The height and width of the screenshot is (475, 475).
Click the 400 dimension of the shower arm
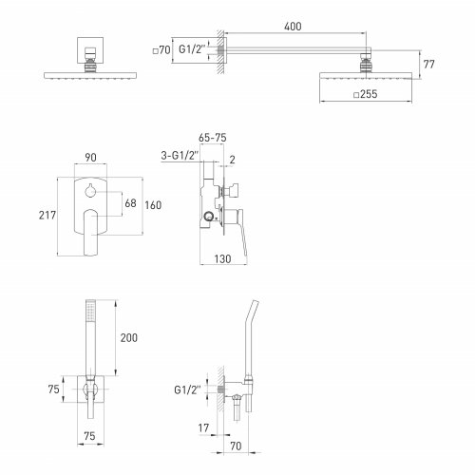(x=293, y=27)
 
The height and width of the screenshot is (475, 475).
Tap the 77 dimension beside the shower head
(x=428, y=65)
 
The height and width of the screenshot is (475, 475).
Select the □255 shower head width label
(x=366, y=94)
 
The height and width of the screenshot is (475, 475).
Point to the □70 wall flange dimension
(x=161, y=50)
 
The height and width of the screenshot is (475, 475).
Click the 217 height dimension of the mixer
(x=47, y=216)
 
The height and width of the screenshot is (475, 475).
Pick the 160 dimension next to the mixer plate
(x=153, y=205)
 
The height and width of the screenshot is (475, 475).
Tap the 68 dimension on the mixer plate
(x=130, y=203)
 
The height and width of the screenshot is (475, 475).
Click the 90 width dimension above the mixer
(x=90, y=158)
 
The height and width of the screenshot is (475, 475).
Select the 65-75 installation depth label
(x=213, y=138)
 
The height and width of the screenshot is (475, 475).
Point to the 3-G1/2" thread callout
(x=180, y=156)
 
